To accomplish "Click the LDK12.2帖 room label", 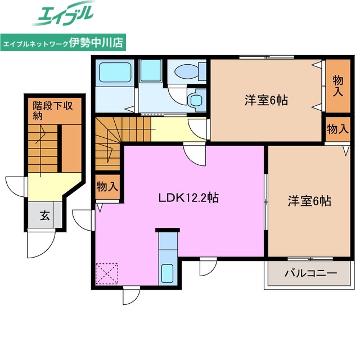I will click(x=188, y=198).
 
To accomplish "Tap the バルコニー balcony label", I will click(x=310, y=274).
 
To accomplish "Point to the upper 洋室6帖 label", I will click(x=266, y=101).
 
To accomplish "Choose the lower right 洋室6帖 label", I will click(x=309, y=200).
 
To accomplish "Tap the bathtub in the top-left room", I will click(x=114, y=73).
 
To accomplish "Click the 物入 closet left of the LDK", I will click(x=107, y=187).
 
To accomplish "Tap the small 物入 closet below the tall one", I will click(x=337, y=129).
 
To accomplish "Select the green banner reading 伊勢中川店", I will click(x=63, y=42).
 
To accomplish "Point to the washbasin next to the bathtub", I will click(x=150, y=71).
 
